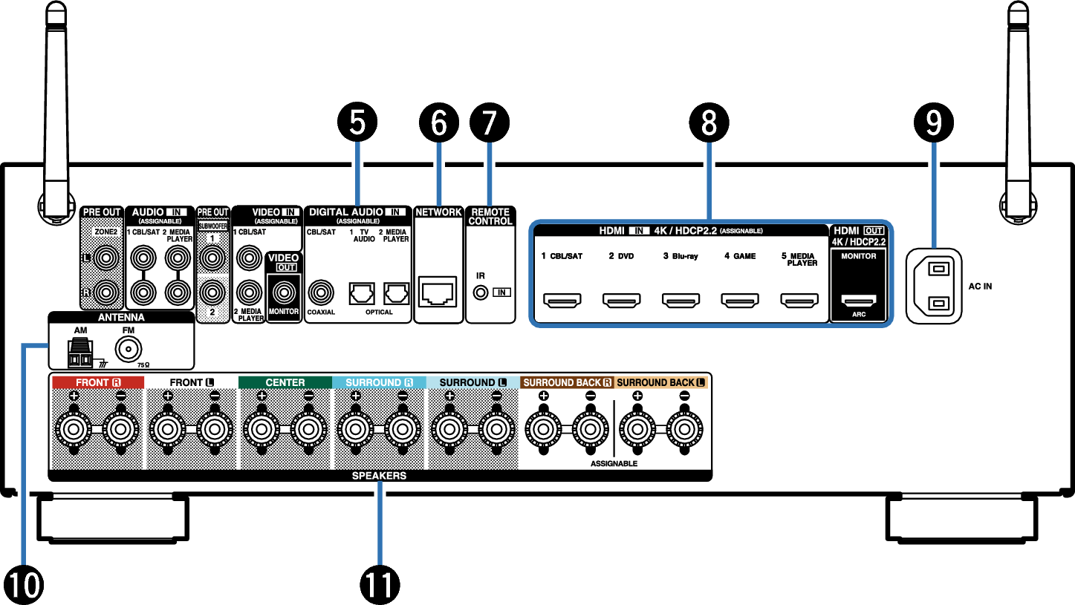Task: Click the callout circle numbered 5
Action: coord(357,122)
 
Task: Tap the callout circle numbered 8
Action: coord(709,122)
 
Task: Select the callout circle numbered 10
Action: coord(23,585)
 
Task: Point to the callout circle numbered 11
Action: coord(380,585)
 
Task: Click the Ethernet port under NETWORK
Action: coord(437,292)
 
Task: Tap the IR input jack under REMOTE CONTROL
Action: coord(481,292)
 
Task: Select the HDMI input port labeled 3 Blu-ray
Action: coord(681,300)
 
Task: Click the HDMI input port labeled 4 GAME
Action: coord(739,300)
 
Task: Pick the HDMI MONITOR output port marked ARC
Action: coord(859,301)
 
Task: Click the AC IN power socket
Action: coord(934,287)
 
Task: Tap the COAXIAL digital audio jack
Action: coord(321,292)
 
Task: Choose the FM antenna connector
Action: coord(128,349)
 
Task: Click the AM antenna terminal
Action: coord(80,353)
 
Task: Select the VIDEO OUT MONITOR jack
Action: coord(284,292)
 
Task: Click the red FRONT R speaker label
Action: coord(98,382)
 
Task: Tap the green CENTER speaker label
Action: coord(285,382)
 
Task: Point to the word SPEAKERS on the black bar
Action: coord(379,476)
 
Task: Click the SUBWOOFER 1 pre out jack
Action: coord(212,258)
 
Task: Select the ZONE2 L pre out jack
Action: coord(106,258)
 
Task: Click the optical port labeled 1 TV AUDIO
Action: coord(361,293)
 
